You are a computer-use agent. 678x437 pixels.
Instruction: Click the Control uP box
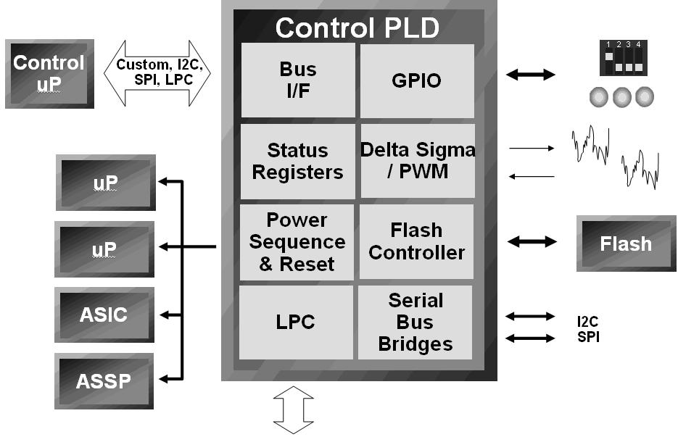pos(49,74)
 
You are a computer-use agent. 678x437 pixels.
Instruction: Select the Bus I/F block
pos(298,80)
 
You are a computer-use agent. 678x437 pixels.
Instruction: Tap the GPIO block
pos(417,80)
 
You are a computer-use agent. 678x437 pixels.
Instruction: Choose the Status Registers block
pos(297,162)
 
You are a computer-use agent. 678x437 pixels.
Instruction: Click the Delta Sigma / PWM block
pos(418,161)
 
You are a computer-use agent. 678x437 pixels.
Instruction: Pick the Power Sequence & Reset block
pos(297,242)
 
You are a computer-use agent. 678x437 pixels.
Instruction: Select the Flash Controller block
pos(416,242)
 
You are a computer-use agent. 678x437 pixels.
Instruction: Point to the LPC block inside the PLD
pos(297,322)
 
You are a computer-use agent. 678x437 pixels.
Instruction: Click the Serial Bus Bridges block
pos(416,322)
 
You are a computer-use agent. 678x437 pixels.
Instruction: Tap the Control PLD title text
pos(357,28)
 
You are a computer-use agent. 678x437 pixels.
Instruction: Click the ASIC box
pos(104,315)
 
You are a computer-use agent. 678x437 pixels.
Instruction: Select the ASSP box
pos(104,380)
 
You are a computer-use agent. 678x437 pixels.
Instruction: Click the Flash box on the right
pos(626,244)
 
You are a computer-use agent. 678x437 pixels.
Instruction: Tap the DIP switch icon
pos(621,58)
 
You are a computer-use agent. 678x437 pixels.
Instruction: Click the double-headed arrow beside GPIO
pos(530,74)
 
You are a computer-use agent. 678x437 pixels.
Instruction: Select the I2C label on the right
pos(588,321)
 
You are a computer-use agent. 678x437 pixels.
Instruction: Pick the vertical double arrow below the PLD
pos(294,409)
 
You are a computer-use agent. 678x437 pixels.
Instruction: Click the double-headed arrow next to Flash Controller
pos(532,242)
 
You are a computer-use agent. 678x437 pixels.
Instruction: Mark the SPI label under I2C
pos(588,337)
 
